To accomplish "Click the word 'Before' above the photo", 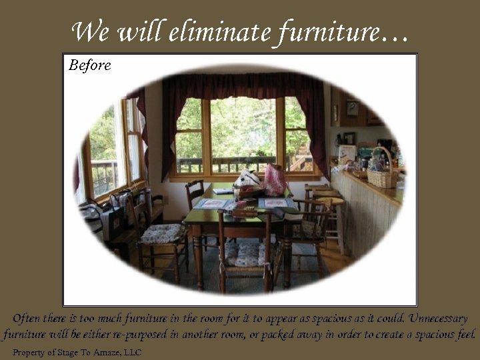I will point(89,65).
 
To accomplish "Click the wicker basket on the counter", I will point(382,174).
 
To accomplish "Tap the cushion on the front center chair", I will point(245,252).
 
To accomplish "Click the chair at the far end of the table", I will point(195,193).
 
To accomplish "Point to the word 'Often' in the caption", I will point(26,319).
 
